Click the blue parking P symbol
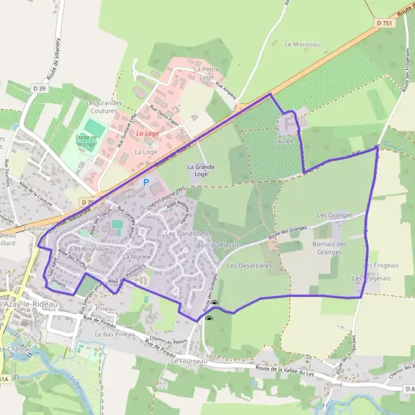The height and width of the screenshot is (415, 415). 145,183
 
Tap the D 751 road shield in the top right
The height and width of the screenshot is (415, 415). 385,23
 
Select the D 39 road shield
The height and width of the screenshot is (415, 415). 39,87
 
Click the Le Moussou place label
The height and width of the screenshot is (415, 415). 302,44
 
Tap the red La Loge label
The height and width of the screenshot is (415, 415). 146,133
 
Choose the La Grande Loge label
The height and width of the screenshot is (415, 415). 198,170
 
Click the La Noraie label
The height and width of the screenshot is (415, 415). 136,257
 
